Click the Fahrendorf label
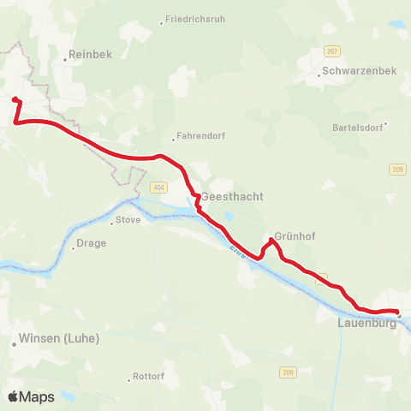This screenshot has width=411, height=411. (199, 135)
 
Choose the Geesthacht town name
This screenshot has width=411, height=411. (232, 196)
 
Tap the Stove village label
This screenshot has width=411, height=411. (128, 220)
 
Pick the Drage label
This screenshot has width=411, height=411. (92, 242)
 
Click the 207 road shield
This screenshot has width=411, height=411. (333, 51)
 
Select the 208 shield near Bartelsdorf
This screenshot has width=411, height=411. (396, 169)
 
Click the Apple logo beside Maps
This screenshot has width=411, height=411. (13, 396)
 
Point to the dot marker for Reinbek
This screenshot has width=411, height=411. (66, 60)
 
